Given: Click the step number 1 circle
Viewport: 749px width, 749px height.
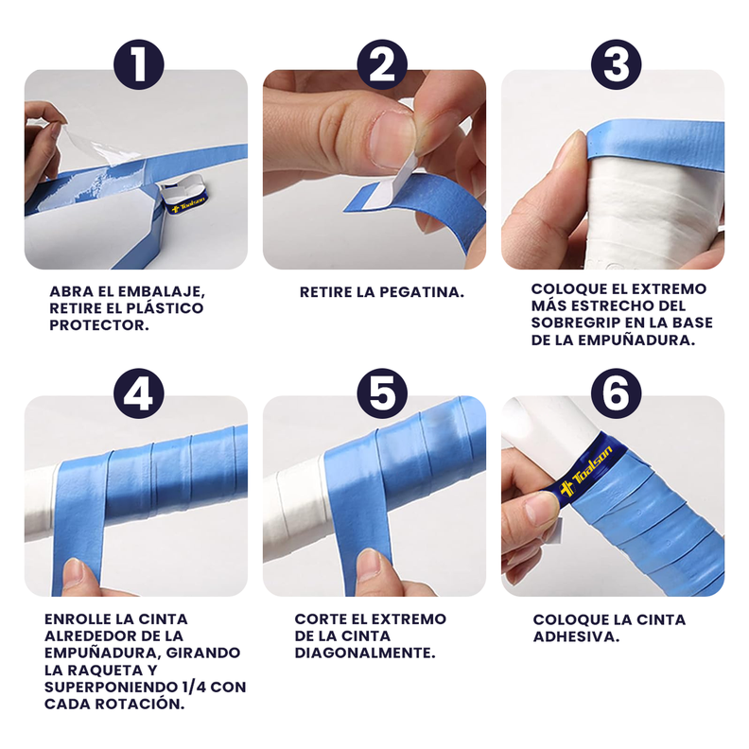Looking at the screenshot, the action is point(139,64).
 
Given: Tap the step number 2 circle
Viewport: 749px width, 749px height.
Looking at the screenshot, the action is point(382,64).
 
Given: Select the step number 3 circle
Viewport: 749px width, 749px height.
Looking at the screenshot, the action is point(617,64).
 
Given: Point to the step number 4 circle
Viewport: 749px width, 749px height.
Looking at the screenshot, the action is point(139,393).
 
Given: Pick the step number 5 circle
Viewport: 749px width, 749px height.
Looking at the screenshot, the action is point(382,393).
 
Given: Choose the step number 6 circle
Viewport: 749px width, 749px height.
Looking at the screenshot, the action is point(617,393).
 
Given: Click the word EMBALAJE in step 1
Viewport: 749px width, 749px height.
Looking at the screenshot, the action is point(162,291).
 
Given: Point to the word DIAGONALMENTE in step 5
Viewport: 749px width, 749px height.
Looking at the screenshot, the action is point(365,653).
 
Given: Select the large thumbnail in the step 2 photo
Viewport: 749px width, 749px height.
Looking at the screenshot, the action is point(392,139).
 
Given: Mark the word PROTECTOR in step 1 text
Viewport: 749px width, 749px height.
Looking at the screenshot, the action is point(99,325).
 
